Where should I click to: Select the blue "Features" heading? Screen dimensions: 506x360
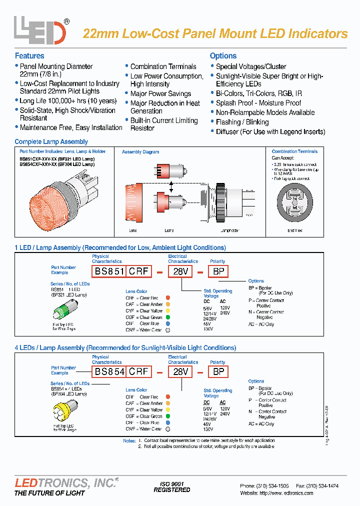tap(29, 56)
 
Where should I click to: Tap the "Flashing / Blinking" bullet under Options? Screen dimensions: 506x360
tap(242, 122)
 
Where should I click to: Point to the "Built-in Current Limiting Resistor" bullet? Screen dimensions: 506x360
tap(163, 124)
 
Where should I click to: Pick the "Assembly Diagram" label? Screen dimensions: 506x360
tap(140, 152)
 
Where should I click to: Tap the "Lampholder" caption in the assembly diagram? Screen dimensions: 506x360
tap(229, 230)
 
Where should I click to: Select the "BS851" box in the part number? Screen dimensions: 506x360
tap(107, 271)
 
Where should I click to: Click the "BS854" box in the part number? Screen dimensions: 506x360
tap(107, 371)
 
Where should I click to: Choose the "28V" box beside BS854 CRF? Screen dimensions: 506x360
tap(180, 371)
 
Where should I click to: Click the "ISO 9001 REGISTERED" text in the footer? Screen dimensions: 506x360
tap(171, 487)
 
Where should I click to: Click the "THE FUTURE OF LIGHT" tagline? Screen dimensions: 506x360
tap(49, 493)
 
